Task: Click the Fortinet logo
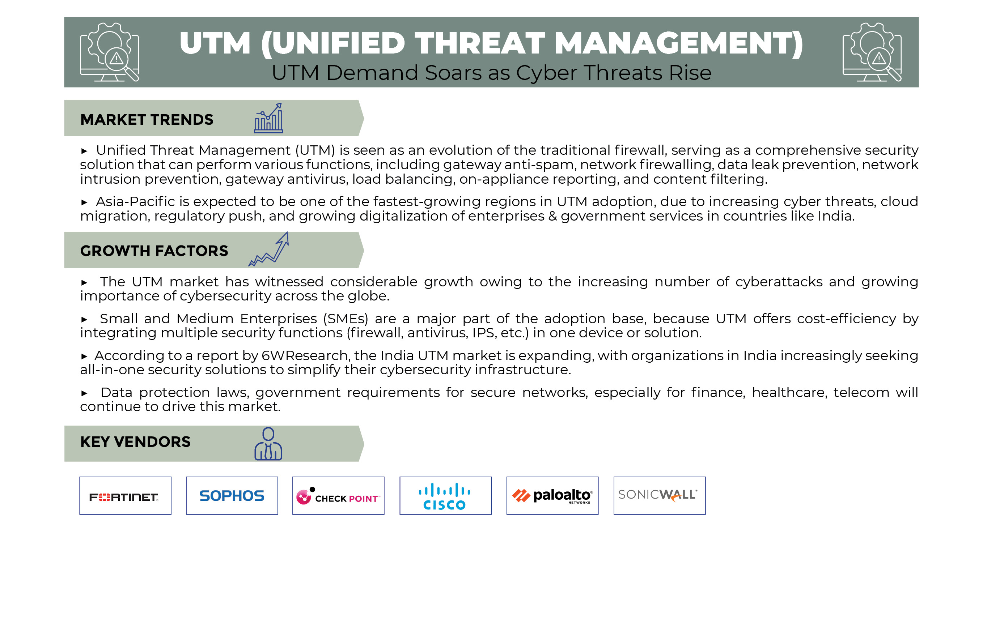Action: click(124, 497)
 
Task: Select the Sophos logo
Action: click(232, 496)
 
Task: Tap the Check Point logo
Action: click(338, 496)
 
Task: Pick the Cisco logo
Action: click(444, 496)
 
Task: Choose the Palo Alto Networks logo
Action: click(552, 495)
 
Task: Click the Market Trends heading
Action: click(147, 119)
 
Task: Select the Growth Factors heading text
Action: click(154, 251)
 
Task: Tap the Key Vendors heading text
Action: click(135, 442)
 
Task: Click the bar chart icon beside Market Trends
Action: click(268, 119)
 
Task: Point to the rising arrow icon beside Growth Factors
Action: click(268, 249)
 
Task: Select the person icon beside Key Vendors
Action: click(268, 444)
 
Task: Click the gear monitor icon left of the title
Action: click(110, 52)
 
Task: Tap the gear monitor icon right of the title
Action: click(872, 52)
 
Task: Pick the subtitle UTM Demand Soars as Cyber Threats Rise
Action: click(491, 73)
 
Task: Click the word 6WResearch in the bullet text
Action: click(305, 355)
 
